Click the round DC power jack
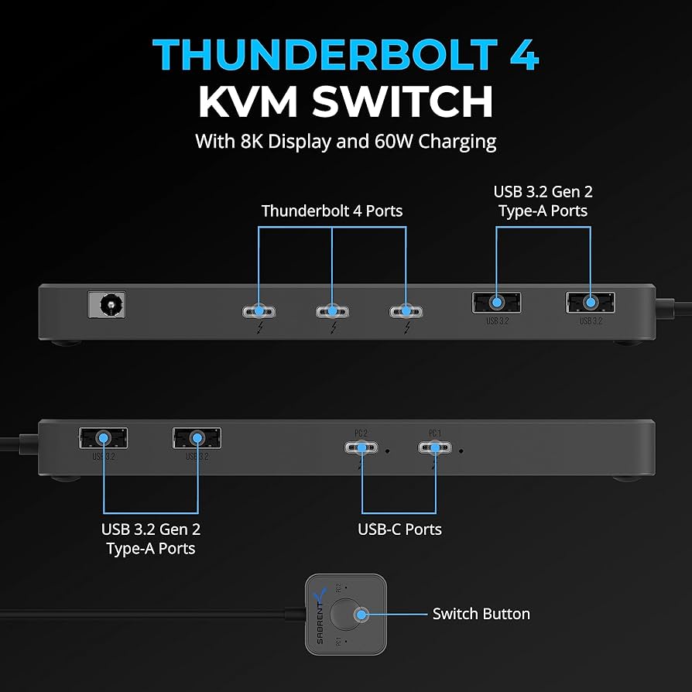[x=107, y=304]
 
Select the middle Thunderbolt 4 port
[x=332, y=311]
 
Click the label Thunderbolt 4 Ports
[x=331, y=211]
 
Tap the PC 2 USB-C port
[x=361, y=448]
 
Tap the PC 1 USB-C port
[x=434, y=448]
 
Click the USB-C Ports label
[x=399, y=529]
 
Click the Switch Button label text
[x=481, y=614]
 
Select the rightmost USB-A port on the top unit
[x=590, y=302]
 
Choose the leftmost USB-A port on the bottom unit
[x=103, y=438]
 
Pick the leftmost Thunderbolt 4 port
[x=258, y=311]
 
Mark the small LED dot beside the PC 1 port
[x=461, y=450]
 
